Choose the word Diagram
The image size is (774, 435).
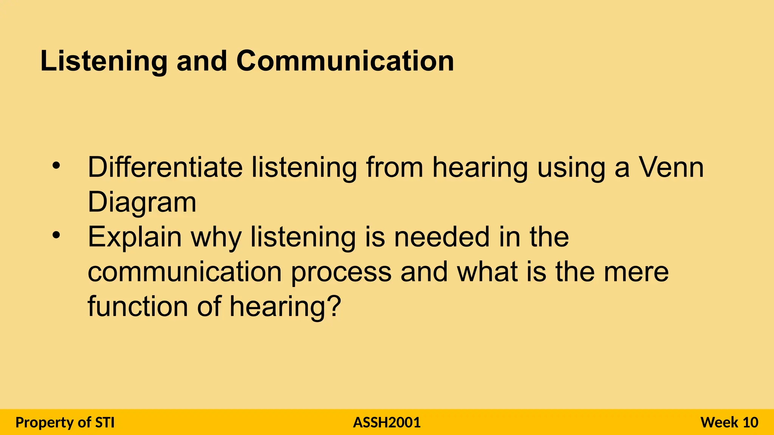(142, 202)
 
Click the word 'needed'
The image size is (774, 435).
(441, 237)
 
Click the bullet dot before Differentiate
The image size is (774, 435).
(56, 166)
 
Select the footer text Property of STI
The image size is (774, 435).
(65, 422)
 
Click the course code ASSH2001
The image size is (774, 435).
(387, 422)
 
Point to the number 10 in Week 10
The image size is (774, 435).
(750, 422)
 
